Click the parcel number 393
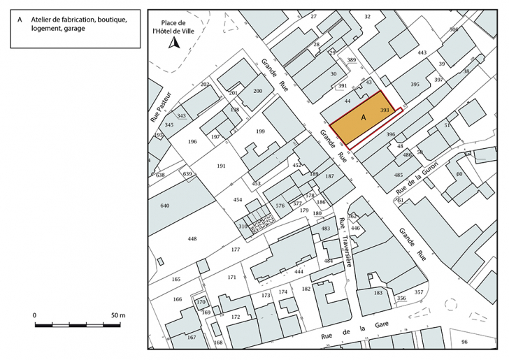coord(385,110)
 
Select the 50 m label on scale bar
coord(118,316)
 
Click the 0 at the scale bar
coord(35,316)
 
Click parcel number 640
coord(165,206)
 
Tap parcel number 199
coord(261,131)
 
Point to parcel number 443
coord(421,53)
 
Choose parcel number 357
coord(419,291)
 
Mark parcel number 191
coord(221,166)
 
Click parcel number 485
coord(399,175)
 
